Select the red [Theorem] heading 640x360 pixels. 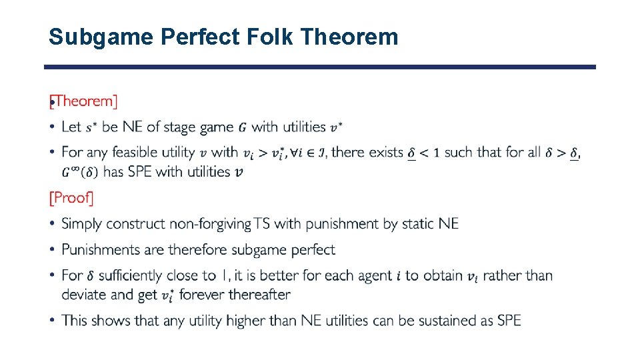click(84, 101)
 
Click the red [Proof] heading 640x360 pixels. click(72, 198)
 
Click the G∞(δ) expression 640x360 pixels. click(81, 172)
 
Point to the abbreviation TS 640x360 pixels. click(262, 224)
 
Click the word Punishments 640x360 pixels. click(101, 249)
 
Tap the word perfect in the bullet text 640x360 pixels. click(309, 249)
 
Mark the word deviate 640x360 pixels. click(83, 295)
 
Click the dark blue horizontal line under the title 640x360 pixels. click(320, 67)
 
